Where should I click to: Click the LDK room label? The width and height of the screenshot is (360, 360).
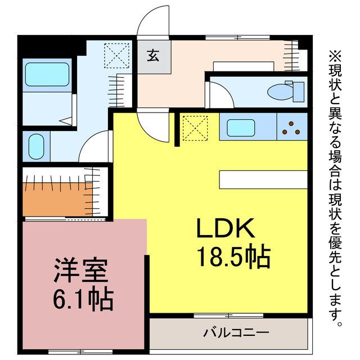[x=226, y=229]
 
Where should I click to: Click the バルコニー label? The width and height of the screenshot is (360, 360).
[x=236, y=332]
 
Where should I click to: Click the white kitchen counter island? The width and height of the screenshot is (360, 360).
[x=263, y=179]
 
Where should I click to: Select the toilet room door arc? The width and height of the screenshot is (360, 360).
[x=220, y=94]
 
